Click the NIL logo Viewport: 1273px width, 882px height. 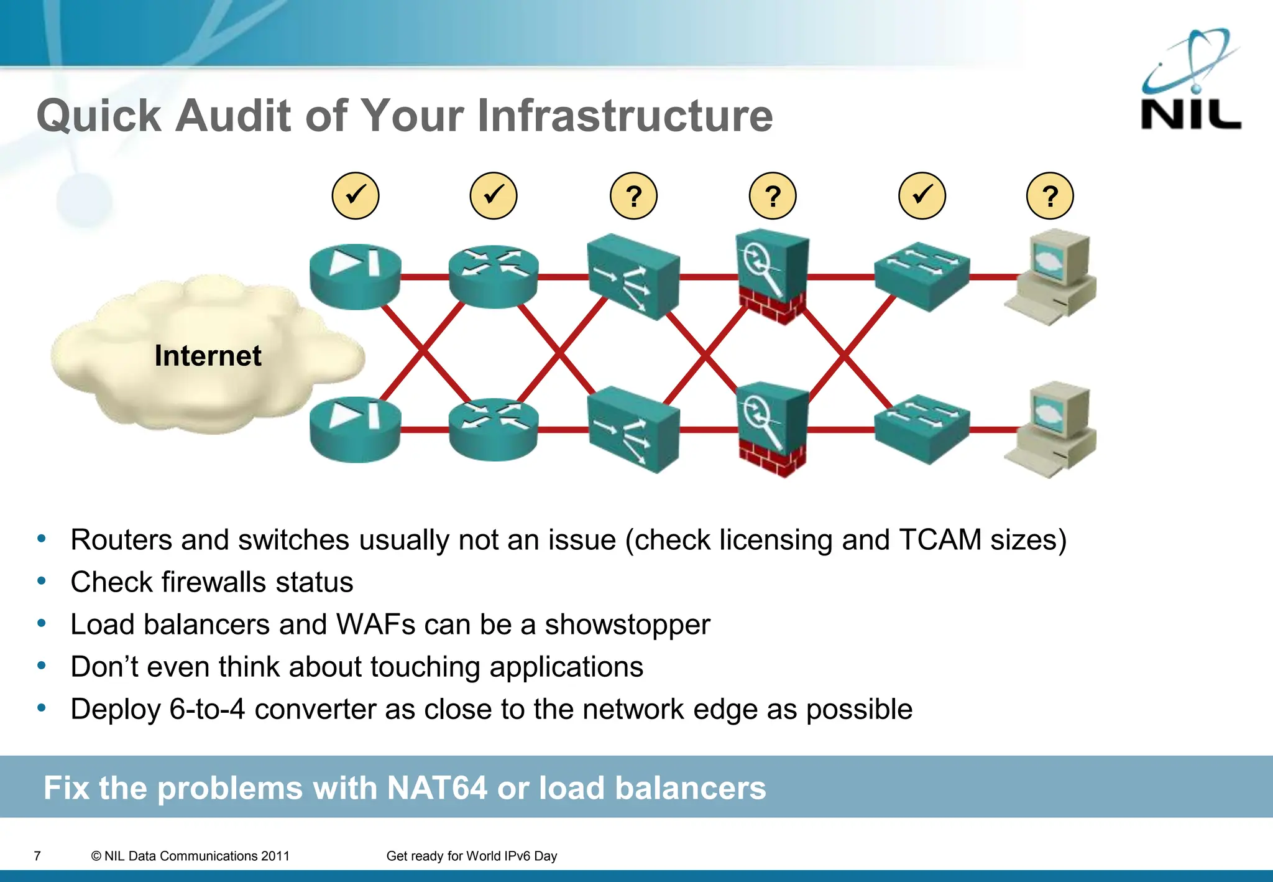click(1190, 81)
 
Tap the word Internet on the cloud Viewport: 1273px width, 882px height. click(208, 356)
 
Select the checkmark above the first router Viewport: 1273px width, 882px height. click(355, 196)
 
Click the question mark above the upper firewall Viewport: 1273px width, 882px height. click(772, 197)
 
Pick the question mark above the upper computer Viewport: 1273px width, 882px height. click(1049, 197)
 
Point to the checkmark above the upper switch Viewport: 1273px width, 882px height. click(922, 196)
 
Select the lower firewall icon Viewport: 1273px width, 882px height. click(772, 429)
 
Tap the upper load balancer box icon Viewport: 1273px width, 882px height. click(633, 277)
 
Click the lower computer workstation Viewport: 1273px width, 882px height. click(1052, 429)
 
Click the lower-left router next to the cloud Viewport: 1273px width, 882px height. click(355, 429)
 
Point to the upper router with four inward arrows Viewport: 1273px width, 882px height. click(494, 277)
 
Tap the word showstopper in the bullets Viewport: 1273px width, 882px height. click(627, 624)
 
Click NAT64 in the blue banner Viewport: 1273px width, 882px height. click(436, 788)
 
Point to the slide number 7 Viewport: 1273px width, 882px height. click(37, 856)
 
